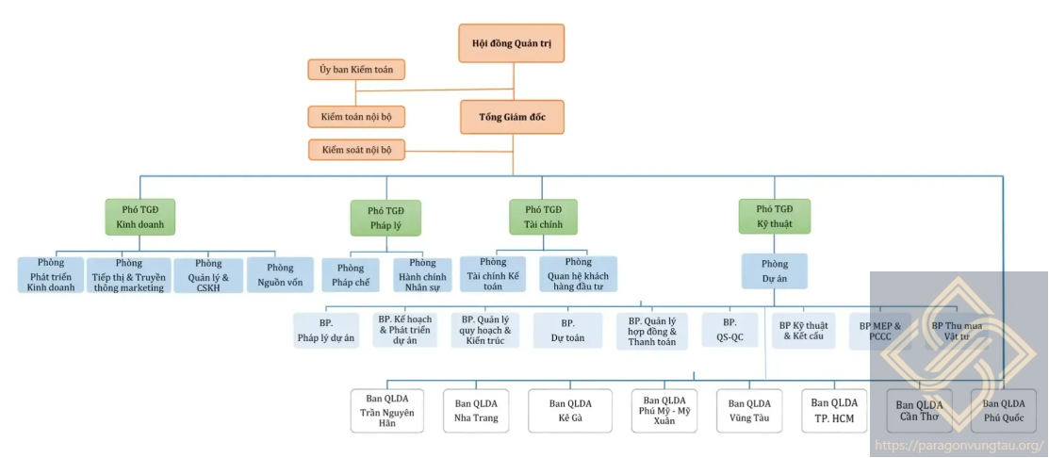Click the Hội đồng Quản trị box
pos(512,43)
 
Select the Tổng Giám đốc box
pos(512,117)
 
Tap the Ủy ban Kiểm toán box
pos(356,69)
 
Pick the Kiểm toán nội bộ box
pos(356,117)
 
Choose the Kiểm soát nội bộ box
pos(356,149)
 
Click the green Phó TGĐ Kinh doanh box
pos(140,217)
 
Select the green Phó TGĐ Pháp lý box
pos(385,218)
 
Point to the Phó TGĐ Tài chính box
pos(543,217)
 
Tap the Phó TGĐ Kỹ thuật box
pos(774,217)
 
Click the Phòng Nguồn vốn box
pos(280,274)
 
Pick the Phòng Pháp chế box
pos(351,274)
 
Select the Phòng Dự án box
pos(774,271)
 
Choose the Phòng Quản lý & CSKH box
pos(208,275)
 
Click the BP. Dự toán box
pos(567,330)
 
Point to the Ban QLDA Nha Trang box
pos(476,411)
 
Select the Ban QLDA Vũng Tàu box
pos(749,411)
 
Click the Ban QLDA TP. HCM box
pos(834,411)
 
